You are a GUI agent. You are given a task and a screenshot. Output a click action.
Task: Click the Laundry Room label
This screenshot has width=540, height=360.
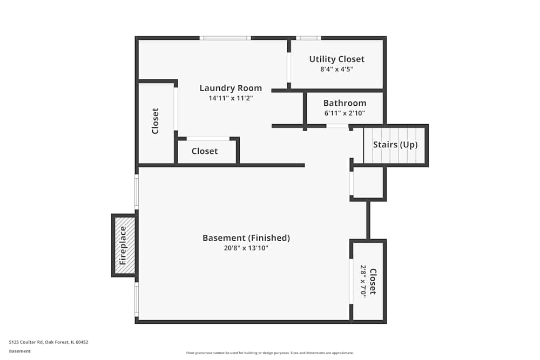click(231, 88)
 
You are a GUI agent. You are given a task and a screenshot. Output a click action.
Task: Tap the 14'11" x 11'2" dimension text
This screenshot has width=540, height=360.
click(231, 98)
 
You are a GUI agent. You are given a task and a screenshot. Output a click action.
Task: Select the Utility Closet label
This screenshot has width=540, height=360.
click(336, 59)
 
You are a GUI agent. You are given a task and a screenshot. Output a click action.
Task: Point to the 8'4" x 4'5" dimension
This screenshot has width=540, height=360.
click(336, 69)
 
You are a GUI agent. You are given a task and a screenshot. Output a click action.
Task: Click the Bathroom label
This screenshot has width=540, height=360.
click(345, 103)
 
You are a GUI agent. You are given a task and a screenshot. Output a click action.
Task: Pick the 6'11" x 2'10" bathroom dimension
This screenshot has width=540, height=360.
click(345, 113)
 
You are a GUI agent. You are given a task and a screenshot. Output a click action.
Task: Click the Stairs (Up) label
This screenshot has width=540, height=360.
click(395, 145)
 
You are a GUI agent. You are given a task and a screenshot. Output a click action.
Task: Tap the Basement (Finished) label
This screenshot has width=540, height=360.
click(246, 237)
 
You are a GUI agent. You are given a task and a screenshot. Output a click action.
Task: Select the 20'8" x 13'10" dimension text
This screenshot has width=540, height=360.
click(246, 248)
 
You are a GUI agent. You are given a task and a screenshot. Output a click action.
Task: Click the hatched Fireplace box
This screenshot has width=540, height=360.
click(124, 245)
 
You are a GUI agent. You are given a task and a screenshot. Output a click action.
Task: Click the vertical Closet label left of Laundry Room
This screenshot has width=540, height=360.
click(155, 121)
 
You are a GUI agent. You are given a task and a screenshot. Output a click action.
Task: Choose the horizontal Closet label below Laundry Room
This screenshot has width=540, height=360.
click(205, 151)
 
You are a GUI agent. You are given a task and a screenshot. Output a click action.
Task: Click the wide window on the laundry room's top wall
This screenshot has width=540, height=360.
click(225, 38)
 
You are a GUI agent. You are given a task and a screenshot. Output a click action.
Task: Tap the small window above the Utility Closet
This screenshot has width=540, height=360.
click(308, 38)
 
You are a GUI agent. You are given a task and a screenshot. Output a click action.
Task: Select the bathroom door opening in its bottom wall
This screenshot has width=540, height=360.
click(337, 126)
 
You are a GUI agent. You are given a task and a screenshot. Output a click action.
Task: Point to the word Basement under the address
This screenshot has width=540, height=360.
click(20, 351)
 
